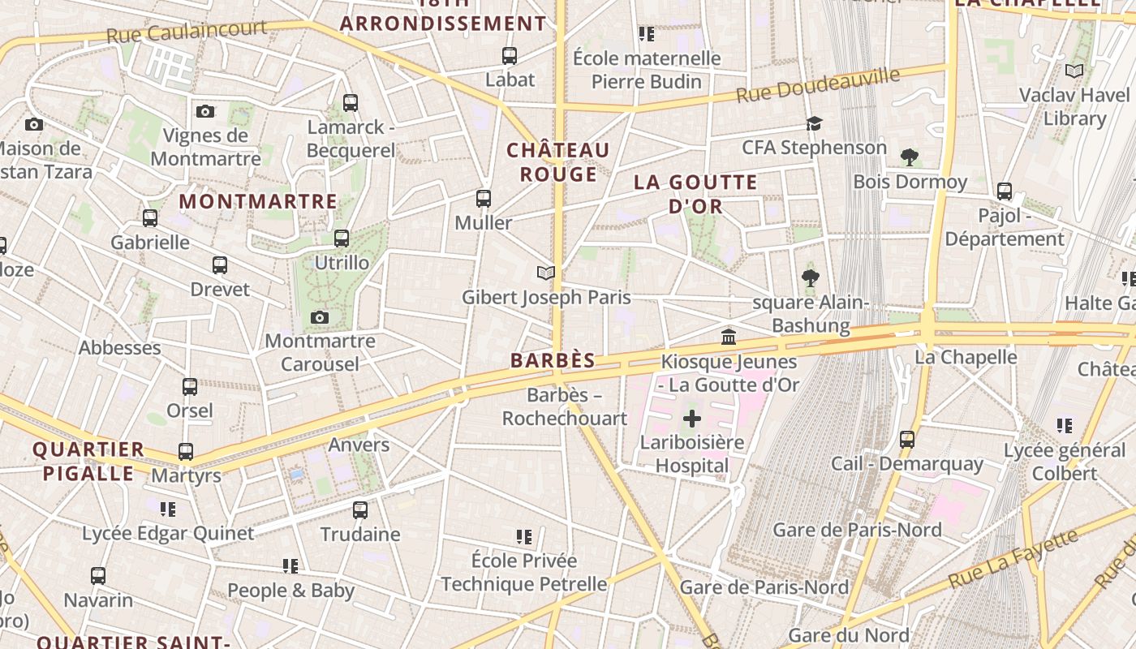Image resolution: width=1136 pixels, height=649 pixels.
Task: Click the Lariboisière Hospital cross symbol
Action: (x=692, y=419)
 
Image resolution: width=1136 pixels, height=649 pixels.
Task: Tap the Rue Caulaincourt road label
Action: (x=187, y=32)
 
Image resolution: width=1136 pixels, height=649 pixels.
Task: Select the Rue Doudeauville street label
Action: (x=818, y=84)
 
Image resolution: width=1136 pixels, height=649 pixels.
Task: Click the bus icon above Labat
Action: (x=510, y=56)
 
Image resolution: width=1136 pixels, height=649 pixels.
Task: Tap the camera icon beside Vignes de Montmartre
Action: (x=205, y=111)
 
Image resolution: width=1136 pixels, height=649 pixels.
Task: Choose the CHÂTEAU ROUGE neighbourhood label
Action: (x=558, y=162)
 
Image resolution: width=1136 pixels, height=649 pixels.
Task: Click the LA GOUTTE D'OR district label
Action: (x=695, y=194)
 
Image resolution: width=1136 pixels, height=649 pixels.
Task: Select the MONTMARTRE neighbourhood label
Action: (x=258, y=201)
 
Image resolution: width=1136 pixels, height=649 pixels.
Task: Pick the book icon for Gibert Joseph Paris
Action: (x=546, y=273)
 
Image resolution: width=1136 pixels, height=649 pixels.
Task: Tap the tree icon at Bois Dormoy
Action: (x=910, y=157)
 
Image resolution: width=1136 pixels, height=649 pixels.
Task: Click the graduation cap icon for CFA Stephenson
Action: (x=814, y=123)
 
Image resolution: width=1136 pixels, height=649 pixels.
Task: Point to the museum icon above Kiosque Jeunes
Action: (x=729, y=337)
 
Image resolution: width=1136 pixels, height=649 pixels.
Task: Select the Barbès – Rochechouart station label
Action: (x=565, y=407)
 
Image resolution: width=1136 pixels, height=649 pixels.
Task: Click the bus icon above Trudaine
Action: (x=360, y=510)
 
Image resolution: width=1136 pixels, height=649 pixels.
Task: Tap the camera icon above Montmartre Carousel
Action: (x=320, y=317)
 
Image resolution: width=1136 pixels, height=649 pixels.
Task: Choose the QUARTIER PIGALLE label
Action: (x=88, y=462)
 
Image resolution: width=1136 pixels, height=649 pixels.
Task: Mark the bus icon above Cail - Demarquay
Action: (x=907, y=440)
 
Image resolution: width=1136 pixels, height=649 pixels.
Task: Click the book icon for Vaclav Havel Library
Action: (x=1074, y=71)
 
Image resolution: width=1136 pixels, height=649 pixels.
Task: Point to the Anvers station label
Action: (x=359, y=445)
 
